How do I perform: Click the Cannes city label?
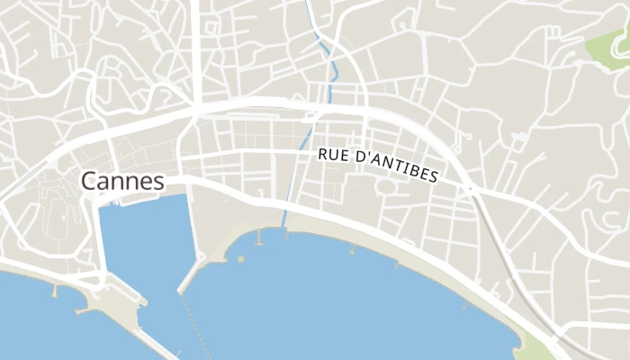pyautogui.click(x=122, y=181)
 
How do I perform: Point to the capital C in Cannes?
pyautogui.click(x=89, y=181)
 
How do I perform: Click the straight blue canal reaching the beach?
pyautogui.click(x=290, y=198)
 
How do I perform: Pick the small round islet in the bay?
pyautogui.click(x=240, y=259)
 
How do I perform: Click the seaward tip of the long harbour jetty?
pyautogui.click(x=181, y=291)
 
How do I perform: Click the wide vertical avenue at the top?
pyautogui.click(x=195, y=45)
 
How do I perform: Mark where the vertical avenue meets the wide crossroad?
pyautogui.click(x=195, y=111)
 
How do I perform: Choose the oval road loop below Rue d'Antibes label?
pyautogui.click(x=386, y=188)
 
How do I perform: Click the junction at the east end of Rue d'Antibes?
pyautogui.click(x=471, y=189)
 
